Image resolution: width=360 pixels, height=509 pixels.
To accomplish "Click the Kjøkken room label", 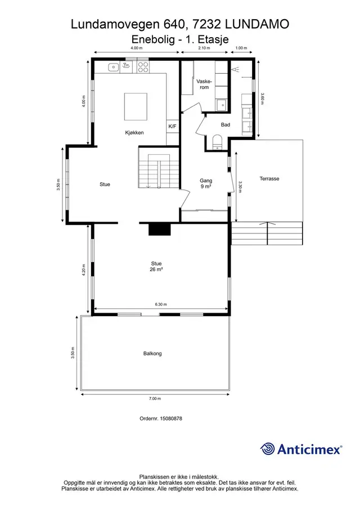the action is click(134, 132).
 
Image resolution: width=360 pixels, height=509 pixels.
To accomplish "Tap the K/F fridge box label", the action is click(172, 127).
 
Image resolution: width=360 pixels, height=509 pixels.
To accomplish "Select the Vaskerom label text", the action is click(204, 84).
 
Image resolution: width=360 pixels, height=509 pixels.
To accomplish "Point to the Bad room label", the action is click(226, 125).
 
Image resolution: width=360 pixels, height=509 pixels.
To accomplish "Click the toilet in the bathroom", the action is click(217, 142).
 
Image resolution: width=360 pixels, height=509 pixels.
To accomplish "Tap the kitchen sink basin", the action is click(113, 67).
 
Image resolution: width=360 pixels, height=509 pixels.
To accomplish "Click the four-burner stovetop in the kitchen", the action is click(143, 67).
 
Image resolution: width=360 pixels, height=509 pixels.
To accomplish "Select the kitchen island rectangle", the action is click(136, 106).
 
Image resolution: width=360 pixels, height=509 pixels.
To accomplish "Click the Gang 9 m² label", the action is click(206, 183).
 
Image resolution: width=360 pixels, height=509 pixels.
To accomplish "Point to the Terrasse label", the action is click(269, 178).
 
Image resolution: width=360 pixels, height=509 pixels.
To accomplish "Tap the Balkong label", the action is click(152, 354).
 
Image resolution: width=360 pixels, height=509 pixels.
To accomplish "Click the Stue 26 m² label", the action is click(156, 267).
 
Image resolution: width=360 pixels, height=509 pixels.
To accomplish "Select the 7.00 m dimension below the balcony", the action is click(155, 399).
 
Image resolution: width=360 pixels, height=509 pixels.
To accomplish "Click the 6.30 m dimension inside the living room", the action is click(161, 304).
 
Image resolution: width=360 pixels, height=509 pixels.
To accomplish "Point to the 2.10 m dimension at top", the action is click(204, 48).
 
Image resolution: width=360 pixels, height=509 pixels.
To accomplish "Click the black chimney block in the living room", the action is click(160, 228).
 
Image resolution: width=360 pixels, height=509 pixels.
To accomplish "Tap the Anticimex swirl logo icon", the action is click(268, 449).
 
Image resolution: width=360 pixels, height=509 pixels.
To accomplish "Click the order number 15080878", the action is click(170, 418).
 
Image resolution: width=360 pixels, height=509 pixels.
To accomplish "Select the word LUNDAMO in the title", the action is click(256, 24).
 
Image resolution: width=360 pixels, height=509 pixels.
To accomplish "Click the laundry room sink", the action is click(222, 105).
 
